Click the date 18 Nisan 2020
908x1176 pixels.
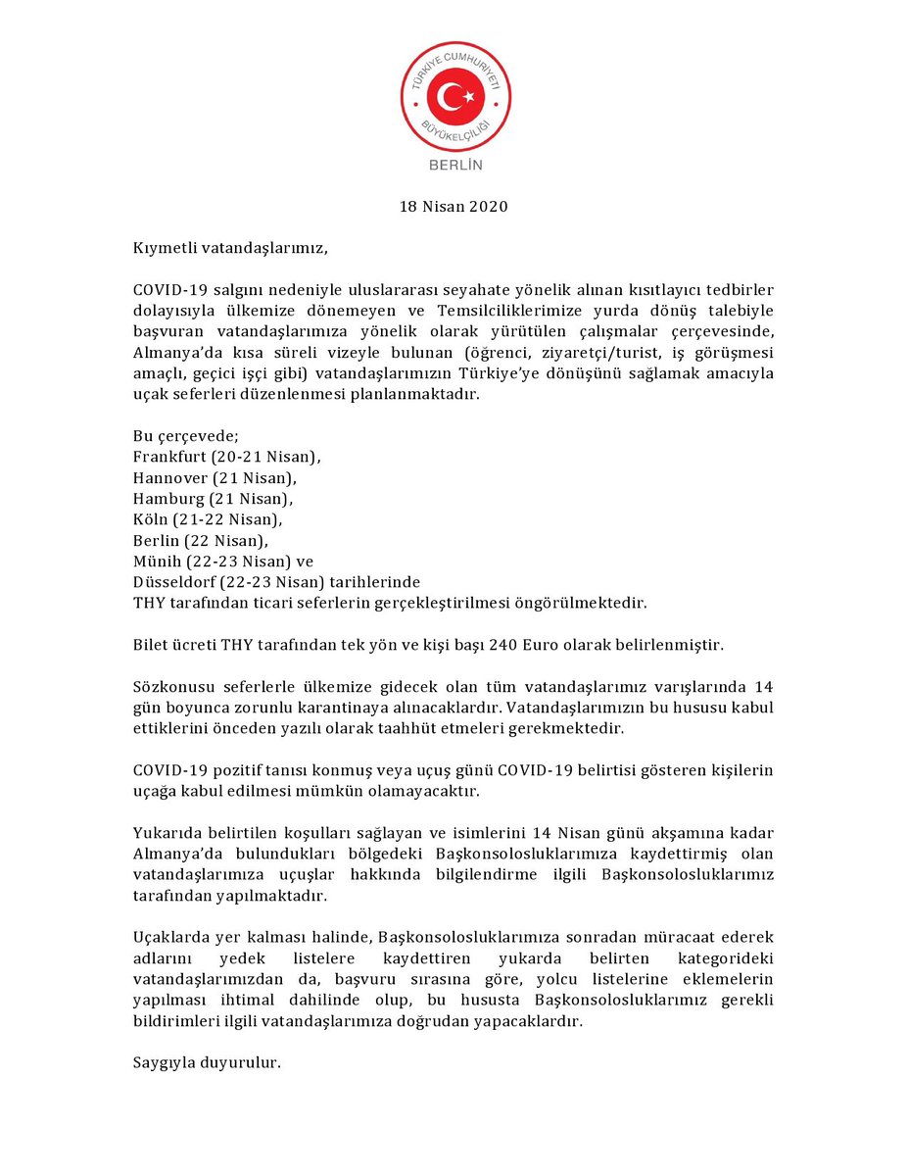[454, 207]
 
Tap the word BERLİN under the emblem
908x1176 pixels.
[455, 165]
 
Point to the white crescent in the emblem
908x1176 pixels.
[450, 96]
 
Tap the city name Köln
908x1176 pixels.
[150, 519]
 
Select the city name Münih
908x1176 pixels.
[156, 561]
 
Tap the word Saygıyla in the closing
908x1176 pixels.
[164, 1062]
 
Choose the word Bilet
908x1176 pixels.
[151, 645]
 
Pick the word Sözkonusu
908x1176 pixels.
[171, 686]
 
